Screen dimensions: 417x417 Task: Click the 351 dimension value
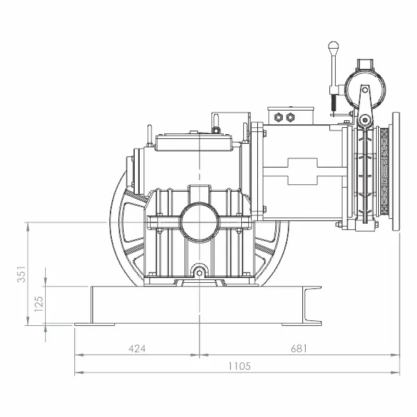(x=22, y=274)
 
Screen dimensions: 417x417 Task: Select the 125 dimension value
(x=39, y=304)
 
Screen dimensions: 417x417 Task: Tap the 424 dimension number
(x=137, y=348)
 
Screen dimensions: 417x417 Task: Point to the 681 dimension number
(x=299, y=348)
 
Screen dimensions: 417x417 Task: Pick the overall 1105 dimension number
(x=239, y=366)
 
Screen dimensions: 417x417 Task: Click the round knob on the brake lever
(x=333, y=46)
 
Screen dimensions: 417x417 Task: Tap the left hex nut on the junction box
(x=278, y=117)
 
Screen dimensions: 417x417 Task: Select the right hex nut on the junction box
(x=290, y=117)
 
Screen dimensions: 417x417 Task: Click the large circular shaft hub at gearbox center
(x=199, y=222)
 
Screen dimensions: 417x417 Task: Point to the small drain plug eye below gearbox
(x=199, y=272)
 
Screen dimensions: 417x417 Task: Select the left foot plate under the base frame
(x=95, y=325)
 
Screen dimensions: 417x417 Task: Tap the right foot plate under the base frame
(x=302, y=325)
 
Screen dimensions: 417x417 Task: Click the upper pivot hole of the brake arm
(x=365, y=90)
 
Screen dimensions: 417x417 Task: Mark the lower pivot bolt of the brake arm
(x=365, y=120)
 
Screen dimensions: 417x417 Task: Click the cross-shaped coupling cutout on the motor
(x=302, y=172)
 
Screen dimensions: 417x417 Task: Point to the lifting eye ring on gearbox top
(x=216, y=130)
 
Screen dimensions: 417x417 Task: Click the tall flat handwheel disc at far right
(x=396, y=171)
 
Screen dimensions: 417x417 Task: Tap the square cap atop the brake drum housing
(x=366, y=64)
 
